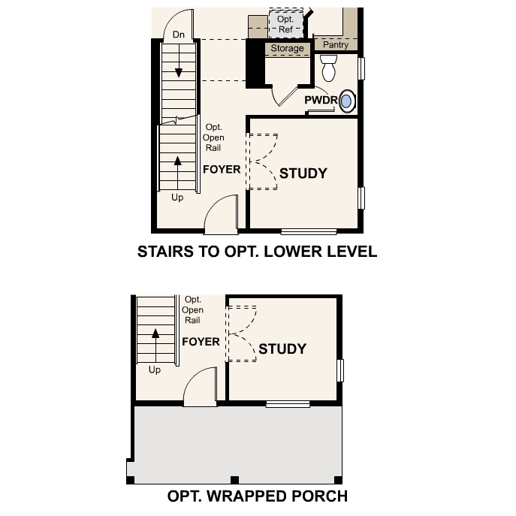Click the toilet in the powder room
[327, 70]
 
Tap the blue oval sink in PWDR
[347, 101]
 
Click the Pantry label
[336, 45]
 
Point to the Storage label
[288, 48]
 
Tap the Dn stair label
[179, 35]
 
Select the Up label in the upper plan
[177, 198]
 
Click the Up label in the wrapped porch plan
[155, 370]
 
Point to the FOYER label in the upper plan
[222, 169]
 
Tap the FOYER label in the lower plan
[201, 342]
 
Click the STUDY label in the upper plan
[303, 174]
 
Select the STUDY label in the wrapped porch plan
[282, 349]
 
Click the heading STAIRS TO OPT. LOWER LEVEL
[257, 252]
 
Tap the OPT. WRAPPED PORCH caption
[257, 496]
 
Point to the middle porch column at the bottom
[234, 480]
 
